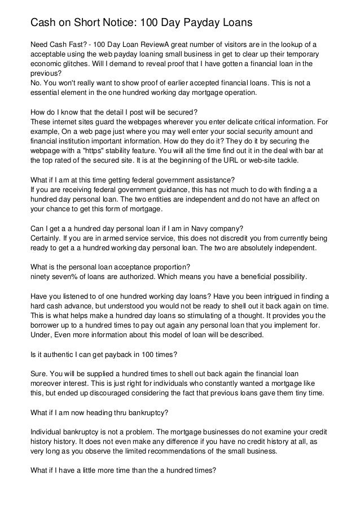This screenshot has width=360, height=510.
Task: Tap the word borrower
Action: [47, 325]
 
